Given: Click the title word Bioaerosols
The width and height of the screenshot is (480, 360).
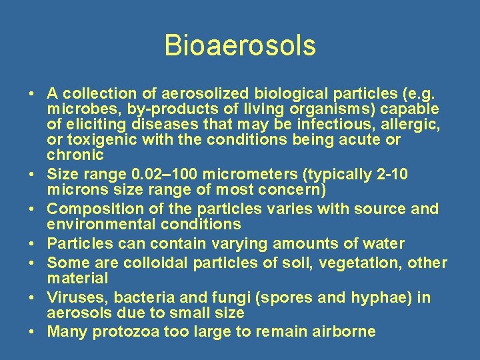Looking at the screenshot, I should pyautogui.click(x=240, y=46).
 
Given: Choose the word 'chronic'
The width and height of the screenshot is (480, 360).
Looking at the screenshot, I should pyautogui.click(x=75, y=155).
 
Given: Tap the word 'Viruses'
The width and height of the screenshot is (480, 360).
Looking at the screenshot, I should pyautogui.click(x=74, y=297).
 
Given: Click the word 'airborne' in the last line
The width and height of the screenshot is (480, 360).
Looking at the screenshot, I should pyautogui.click(x=343, y=332).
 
